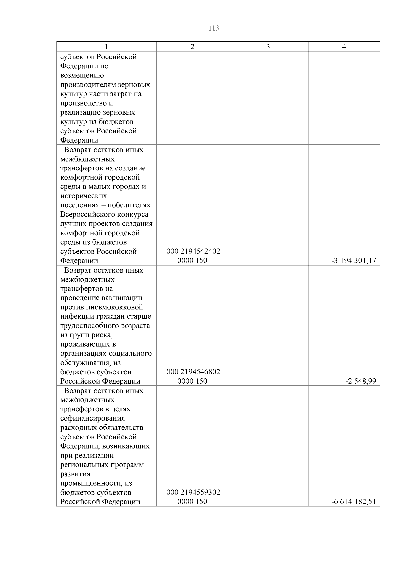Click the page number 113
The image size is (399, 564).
pos(214,28)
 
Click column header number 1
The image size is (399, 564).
pos(106,47)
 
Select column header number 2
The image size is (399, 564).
pos(192,47)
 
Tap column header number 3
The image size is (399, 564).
pos(268,47)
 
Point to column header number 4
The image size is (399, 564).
pos(344,47)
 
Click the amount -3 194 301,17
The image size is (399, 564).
pos(354,261)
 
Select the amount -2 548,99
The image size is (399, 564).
pos(361,381)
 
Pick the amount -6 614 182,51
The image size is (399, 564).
pos(354,502)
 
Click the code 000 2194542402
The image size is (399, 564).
pos(193,251)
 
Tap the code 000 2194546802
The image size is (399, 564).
pos(193,372)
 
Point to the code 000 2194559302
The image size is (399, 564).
pos(193,492)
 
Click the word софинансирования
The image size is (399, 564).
pos(92,418)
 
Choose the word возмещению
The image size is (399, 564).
pos(82,75)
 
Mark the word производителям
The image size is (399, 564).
pos(87,85)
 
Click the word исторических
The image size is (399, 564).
pos(83,196)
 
